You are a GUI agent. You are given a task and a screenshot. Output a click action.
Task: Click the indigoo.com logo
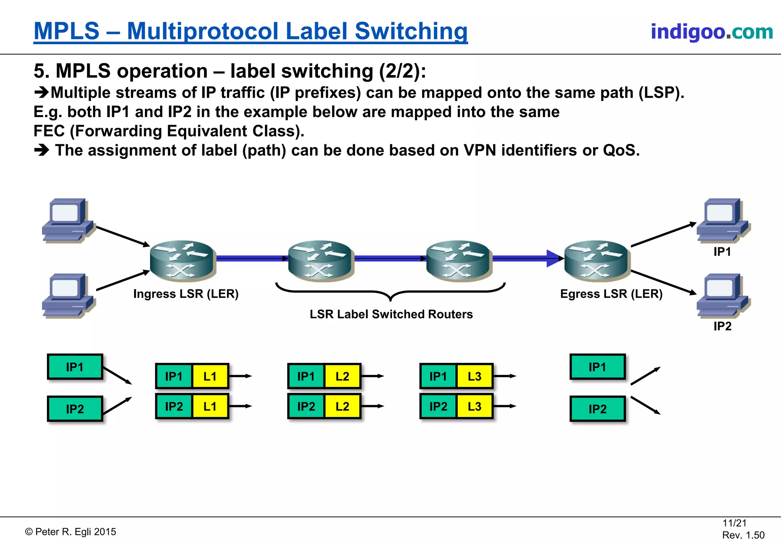[712, 31]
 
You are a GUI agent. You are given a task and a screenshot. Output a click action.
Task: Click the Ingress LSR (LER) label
[186, 294]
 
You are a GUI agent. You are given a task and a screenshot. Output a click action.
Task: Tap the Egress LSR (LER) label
[611, 294]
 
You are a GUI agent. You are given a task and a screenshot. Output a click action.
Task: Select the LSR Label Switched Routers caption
[391, 314]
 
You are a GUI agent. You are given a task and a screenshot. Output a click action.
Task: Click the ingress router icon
[183, 261]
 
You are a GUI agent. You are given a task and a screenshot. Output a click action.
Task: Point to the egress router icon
[597, 261]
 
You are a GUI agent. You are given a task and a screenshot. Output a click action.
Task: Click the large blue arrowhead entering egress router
[554, 259]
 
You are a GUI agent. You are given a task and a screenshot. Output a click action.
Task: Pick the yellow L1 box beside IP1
[210, 376]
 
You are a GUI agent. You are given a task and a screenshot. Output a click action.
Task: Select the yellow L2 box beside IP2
[342, 406]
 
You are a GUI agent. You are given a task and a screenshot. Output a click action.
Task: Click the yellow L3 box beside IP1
[474, 376]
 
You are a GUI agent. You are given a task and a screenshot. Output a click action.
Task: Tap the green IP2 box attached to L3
[438, 406]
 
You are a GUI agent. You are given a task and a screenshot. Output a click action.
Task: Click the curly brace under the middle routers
[390, 292]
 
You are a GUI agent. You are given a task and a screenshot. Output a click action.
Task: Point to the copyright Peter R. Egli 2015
[71, 532]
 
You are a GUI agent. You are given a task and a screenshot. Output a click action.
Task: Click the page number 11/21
[734, 523]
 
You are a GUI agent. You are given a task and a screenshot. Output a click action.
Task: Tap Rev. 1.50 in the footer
[743, 535]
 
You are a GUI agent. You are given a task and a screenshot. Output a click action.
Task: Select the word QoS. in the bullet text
[621, 150]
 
